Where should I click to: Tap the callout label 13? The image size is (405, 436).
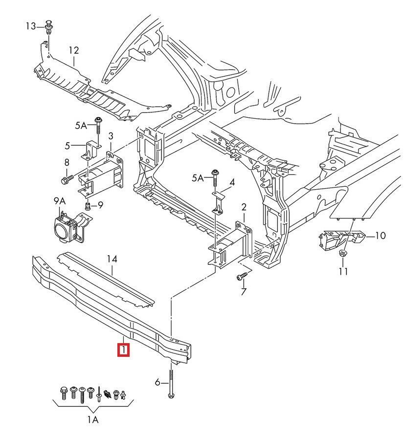click(31, 26)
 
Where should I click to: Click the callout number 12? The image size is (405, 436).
click(73, 50)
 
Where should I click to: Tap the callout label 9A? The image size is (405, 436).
click(59, 201)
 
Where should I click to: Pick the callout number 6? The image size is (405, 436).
click(157, 382)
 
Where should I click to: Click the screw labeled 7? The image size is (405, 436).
click(241, 277)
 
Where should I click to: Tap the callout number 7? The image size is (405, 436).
click(243, 292)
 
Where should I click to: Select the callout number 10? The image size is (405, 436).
click(380, 236)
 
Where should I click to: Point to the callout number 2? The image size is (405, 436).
click(244, 207)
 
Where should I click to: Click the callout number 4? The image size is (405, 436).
click(232, 183)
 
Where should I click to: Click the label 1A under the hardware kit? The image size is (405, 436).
click(93, 419)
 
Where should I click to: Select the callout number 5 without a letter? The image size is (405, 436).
click(67, 145)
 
